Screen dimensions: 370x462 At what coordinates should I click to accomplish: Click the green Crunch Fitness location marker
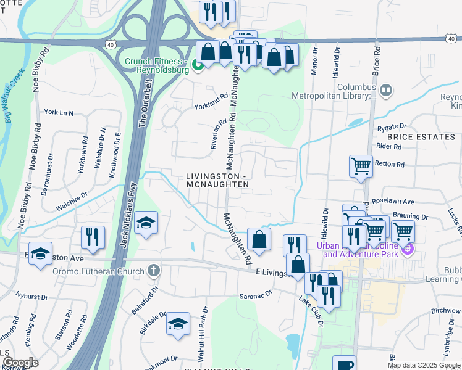(x=198, y=64)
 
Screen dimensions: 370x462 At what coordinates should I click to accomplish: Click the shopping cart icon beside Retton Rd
(x=361, y=165)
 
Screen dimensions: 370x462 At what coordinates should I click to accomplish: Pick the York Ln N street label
(x=59, y=113)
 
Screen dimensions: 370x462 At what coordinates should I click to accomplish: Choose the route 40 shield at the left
(x=109, y=44)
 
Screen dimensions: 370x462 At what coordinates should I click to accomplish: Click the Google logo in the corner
(x=20, y=363)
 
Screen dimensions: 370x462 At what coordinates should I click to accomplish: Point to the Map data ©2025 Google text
(x=424, y=365)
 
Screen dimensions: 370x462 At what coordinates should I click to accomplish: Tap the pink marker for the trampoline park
(x=407, y=250)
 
